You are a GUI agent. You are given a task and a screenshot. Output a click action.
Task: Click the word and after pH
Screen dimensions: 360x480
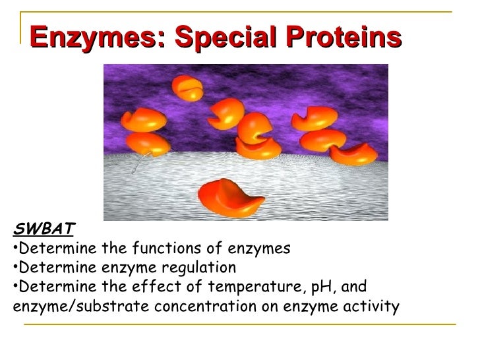click(353, 287)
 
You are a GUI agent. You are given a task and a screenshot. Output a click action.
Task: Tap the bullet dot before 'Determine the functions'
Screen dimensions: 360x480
click(15, 249)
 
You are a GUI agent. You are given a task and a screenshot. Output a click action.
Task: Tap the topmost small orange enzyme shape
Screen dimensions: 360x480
click(187, 88)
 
